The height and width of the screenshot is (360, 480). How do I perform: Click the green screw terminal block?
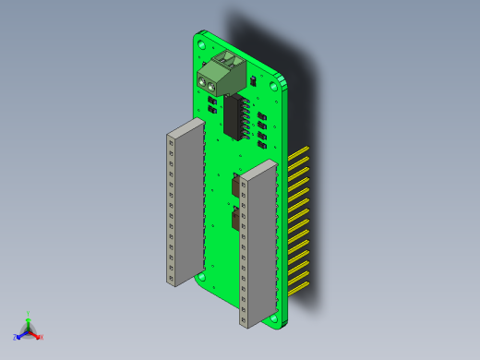222,75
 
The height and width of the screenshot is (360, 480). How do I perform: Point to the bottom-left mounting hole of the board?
201,276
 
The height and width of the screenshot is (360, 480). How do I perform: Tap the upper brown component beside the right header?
237,186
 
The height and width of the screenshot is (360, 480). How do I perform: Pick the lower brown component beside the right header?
236,220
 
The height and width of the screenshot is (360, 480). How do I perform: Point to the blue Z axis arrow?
18,337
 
